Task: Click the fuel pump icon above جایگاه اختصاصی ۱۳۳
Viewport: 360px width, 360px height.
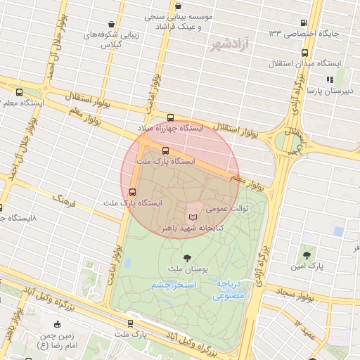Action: [x=303, y=22]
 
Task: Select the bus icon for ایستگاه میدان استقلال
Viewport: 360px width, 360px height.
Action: [x=304, y=53]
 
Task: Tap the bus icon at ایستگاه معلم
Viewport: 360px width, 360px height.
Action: [x=18, y=92]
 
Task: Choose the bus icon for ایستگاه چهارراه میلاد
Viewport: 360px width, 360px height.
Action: [x=171, y=118]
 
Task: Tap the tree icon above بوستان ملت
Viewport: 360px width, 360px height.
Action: [x=186, y=257]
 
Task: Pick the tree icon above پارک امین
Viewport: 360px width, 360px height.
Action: [x=306, y=256]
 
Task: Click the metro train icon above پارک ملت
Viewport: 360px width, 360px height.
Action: [x=130, y=323]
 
